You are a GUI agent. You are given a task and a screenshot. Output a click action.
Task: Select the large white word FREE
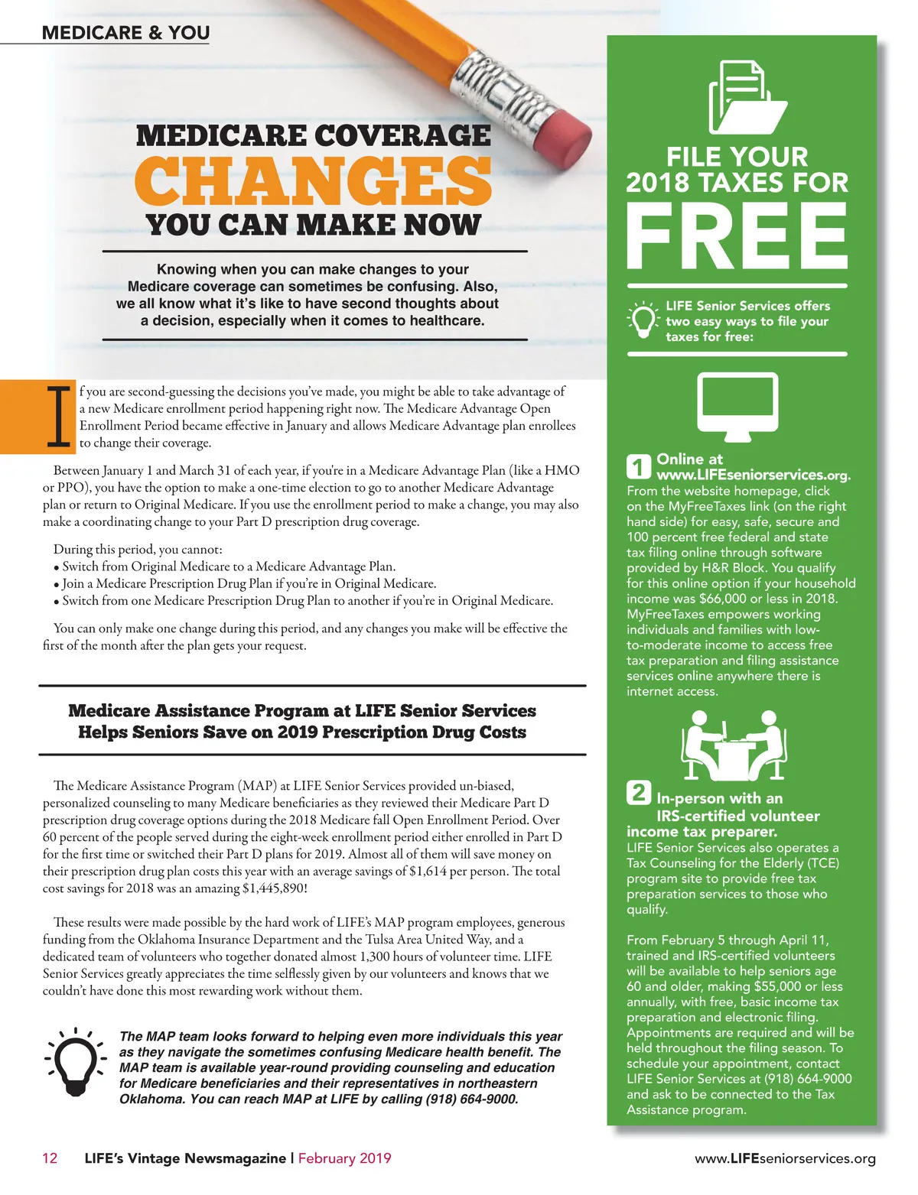click(x=737, y=235)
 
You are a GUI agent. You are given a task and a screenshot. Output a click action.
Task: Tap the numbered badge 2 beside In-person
click(x=639, y=792)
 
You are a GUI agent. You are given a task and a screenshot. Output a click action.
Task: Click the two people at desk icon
click(x=735, y=745)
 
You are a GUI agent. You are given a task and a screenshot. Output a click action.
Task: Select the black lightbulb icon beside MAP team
click(x=75, y=1063)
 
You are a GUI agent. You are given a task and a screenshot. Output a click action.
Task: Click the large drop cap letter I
click(x=58, y=417)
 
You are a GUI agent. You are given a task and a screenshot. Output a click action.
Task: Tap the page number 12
click(x=50, y=1158)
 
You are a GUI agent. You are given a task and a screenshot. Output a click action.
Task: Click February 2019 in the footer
click(x=344, y=1158)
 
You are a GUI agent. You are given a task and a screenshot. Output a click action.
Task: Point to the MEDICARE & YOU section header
click(x=125, y=33)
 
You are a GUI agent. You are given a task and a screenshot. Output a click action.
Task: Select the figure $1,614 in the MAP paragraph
click(x=428, y=872)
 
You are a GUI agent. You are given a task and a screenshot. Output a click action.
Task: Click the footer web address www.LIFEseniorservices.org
click(x=785, y=1159)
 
